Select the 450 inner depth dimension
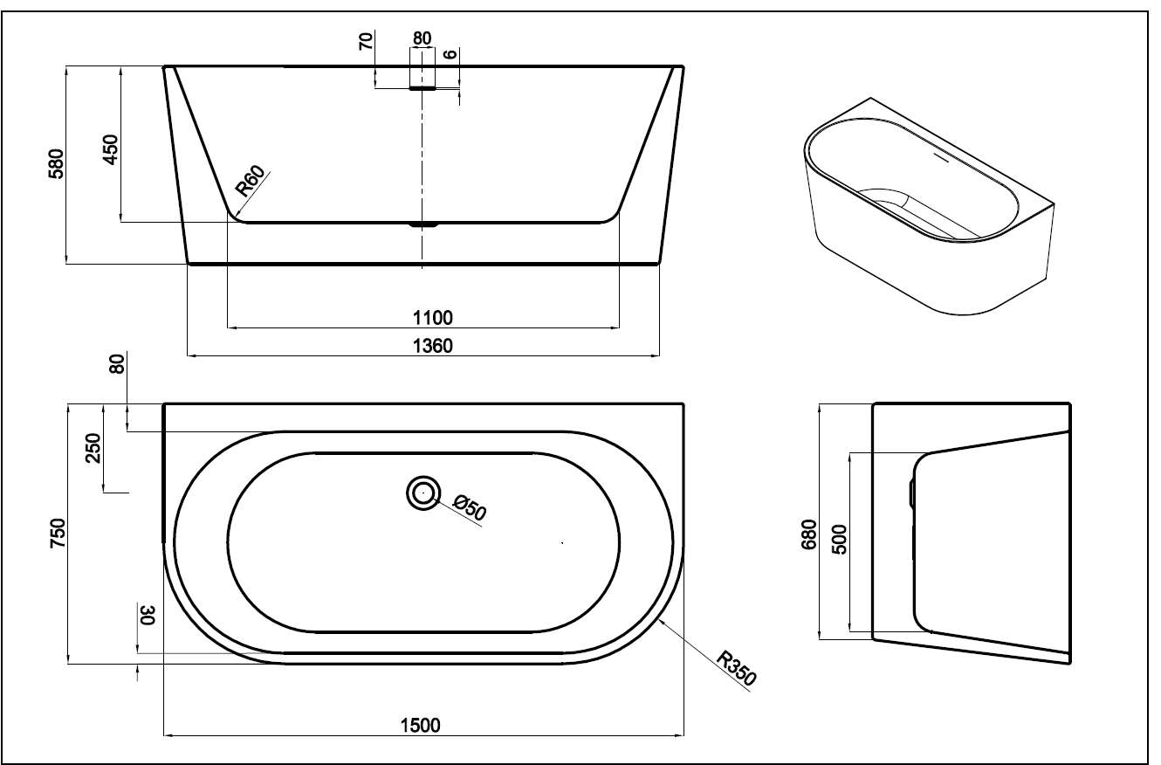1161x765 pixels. tap(110, 150)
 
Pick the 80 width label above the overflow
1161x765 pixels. tap(422, 38)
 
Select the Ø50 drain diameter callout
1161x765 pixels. tap(470, 507)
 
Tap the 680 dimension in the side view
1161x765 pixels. tap(809, 534)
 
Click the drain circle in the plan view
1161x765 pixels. tap(423, 493)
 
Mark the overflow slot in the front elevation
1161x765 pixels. tap(422, 87)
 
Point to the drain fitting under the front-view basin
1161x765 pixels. tap(423, 224)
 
